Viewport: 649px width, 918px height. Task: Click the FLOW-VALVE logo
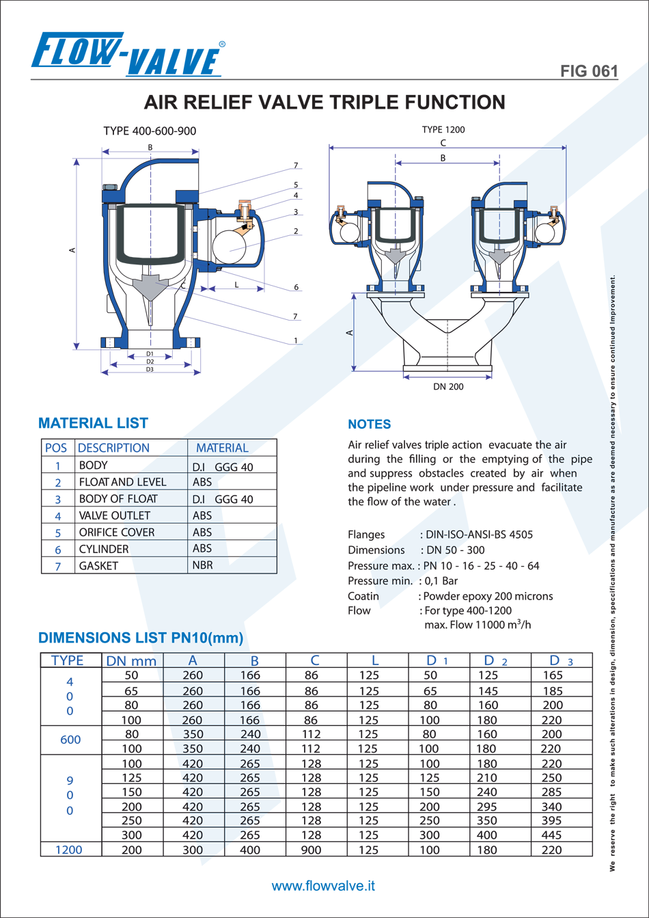[128, 55]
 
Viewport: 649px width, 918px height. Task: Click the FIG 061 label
[589, 71]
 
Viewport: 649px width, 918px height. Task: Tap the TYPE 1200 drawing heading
[443, 130]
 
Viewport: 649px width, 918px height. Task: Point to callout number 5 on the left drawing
[296, 185]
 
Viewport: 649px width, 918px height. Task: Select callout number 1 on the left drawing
[296, 340]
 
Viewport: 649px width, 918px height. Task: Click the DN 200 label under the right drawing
[448, 386]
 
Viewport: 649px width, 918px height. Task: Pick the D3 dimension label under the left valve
[150, 369]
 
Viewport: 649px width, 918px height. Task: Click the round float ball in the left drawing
[230, 247]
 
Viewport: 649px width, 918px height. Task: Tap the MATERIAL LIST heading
[93, 423]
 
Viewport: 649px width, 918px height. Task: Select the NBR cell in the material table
[203, 565]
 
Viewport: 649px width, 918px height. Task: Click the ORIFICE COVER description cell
[117, 532]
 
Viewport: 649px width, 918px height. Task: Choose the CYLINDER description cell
[104, 549]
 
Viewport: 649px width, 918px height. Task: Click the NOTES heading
[370, 424]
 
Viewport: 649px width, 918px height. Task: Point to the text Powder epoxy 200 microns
[488, 596]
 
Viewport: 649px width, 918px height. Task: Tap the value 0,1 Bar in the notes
[441, 581]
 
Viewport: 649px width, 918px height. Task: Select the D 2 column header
[495, 660]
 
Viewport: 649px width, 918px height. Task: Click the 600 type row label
[70, 740]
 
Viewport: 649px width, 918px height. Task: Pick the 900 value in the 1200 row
[312, 850]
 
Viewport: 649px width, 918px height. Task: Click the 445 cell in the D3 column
[551, 835]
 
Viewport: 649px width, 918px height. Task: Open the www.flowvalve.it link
[324, 886]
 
